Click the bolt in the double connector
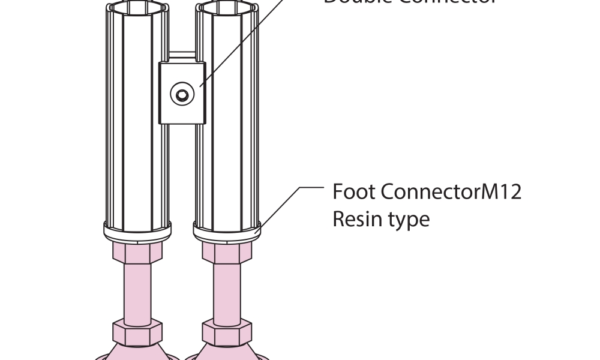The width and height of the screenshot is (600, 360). coord(181,94)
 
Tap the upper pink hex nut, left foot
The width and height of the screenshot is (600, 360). coord(137,253)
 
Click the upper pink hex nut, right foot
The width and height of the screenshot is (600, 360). coord(227,253)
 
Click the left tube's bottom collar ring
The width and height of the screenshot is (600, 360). coord(137,229)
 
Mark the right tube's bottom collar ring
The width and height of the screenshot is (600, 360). coord(227,229)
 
